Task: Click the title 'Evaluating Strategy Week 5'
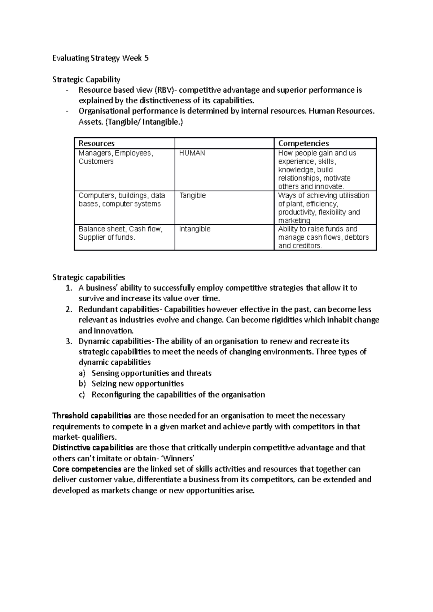tap(100, 58)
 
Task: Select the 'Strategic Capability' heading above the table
tap(86, 79)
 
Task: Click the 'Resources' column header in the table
tap(97, 143)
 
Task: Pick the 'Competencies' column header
tap(303, 143)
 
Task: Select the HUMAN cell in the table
tap(192, 153)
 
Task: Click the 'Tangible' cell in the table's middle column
tap(192, 195)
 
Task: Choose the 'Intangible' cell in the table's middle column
tap(194, 229)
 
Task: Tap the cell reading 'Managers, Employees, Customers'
tap(116, 157)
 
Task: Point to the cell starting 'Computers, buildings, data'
tap(122, 200)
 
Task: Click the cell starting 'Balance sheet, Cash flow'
tap(121, 233)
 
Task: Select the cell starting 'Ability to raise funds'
tap(323, 237)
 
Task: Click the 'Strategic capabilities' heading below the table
tap(89, 277)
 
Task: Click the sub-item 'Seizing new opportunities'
tap(137, 383)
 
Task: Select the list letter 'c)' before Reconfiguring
tap(82, 394)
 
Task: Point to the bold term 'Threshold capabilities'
tap(92, 416)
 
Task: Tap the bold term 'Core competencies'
tap(87, 469)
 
